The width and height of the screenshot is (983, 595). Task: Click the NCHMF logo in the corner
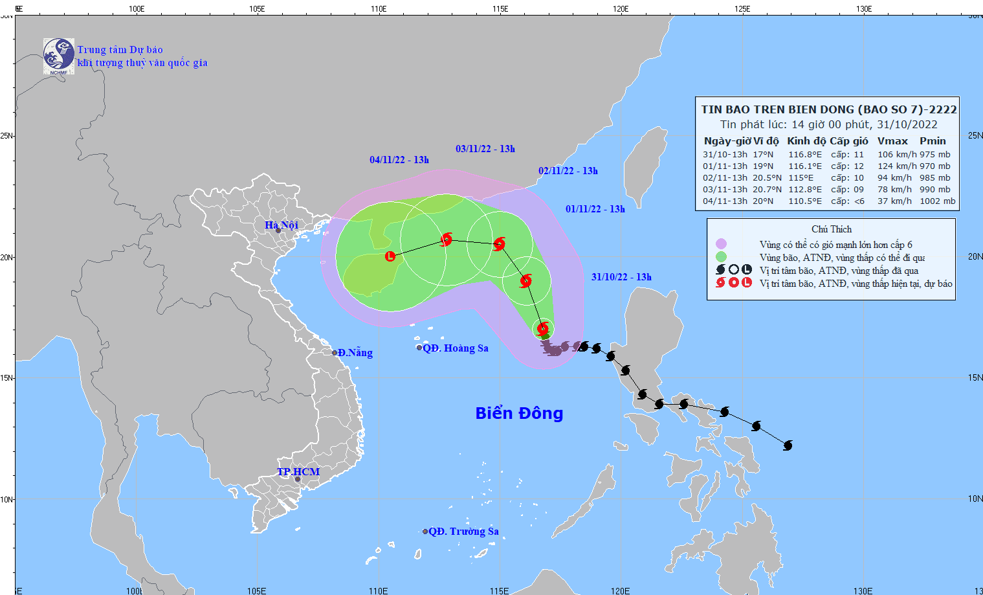[58, 56]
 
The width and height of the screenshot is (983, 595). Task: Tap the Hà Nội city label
[282, 225]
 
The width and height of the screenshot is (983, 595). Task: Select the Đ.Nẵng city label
[355, 353]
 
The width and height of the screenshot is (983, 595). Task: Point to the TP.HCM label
[298, 471]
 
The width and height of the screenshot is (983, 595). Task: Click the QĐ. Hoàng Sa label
[455, 348]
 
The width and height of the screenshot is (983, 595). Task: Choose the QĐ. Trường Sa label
[463, 532]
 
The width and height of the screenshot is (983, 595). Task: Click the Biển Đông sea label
[519, 413]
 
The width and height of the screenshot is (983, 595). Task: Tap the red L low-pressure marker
[390, 256]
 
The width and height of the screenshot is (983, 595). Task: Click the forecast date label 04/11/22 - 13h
[399, 160]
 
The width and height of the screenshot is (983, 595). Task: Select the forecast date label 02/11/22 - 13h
[568, 171]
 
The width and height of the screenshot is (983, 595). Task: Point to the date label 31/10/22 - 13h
[621, 277]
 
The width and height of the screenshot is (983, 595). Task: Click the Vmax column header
[892, 141]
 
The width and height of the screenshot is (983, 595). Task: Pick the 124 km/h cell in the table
[896, 166]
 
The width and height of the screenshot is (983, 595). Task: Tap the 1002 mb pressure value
[937, 201]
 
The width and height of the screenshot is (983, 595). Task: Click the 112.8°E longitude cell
[804, 190]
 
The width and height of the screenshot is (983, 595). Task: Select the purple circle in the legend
[721, 244]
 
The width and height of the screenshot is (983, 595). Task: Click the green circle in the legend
[721, 257]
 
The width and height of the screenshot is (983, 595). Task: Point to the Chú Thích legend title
[832, 229]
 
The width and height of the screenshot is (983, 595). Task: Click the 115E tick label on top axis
[500, 9]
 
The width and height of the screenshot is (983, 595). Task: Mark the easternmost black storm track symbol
[788, 445]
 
